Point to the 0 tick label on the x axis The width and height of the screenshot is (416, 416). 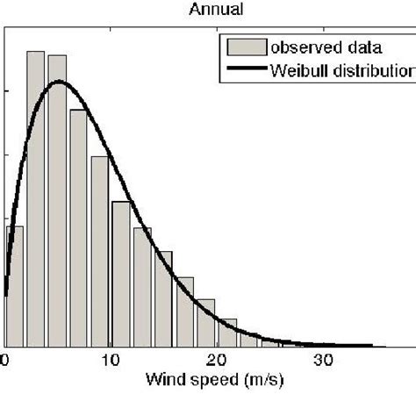pos(6,360)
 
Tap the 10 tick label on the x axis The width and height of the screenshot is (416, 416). pos(111,360)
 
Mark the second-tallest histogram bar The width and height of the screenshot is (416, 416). pos(57,201)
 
